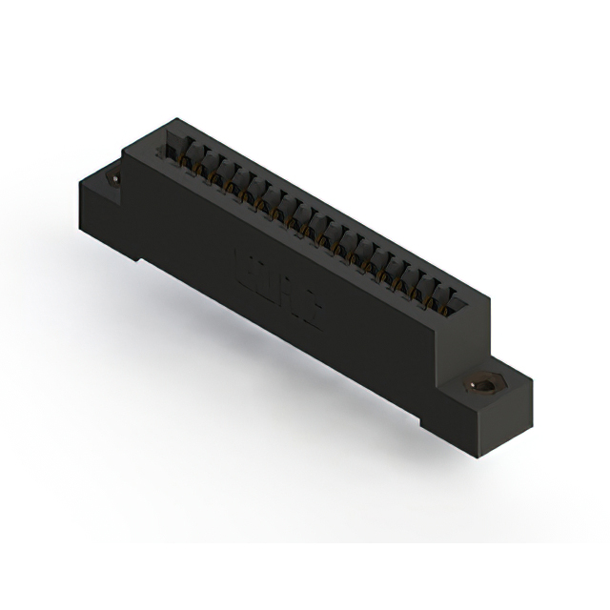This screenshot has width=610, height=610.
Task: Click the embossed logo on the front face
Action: tap(277, 285)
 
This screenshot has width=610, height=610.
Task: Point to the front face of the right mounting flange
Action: tap(448, 419)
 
